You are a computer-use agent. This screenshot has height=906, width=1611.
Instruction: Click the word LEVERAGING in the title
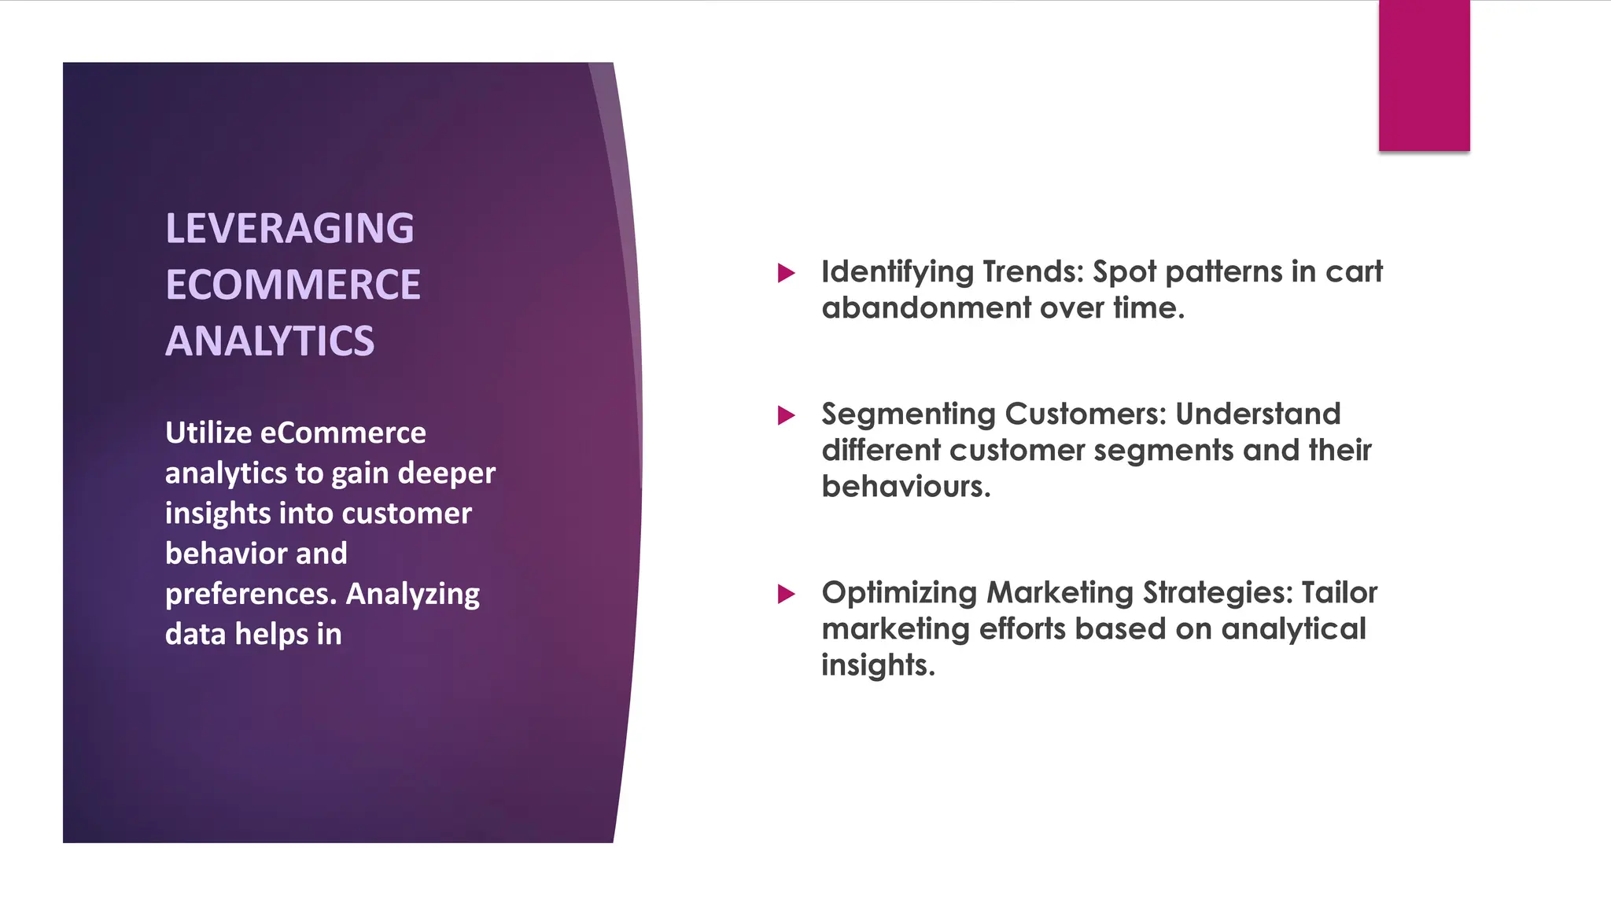(289, 229)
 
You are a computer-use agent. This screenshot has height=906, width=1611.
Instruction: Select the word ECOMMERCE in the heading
(293, 285)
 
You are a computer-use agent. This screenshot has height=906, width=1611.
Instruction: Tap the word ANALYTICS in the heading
(270, 341)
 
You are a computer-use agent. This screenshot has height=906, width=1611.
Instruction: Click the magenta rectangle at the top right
(1424, 75)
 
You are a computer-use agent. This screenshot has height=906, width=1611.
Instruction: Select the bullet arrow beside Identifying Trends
(786, 274)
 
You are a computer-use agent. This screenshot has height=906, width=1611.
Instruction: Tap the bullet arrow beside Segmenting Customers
(786, 415)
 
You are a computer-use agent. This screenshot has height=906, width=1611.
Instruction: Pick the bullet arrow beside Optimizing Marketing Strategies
(786, 594)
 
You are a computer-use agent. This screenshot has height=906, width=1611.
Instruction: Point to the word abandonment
(926, 308)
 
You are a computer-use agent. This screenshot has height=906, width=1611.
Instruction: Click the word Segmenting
(908, 414)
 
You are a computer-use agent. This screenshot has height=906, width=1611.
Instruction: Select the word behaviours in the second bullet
(905, 487)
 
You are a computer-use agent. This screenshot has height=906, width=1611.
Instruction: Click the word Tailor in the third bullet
(1339, 593)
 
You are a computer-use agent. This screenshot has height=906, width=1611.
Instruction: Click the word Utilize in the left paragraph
(208, 433)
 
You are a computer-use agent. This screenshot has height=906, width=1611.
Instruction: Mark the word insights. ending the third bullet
(878, 665)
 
